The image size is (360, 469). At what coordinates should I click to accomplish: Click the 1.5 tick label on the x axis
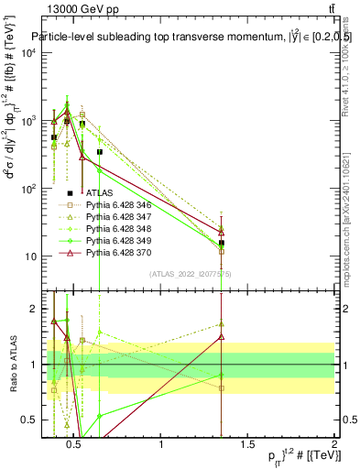(248, 446)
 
